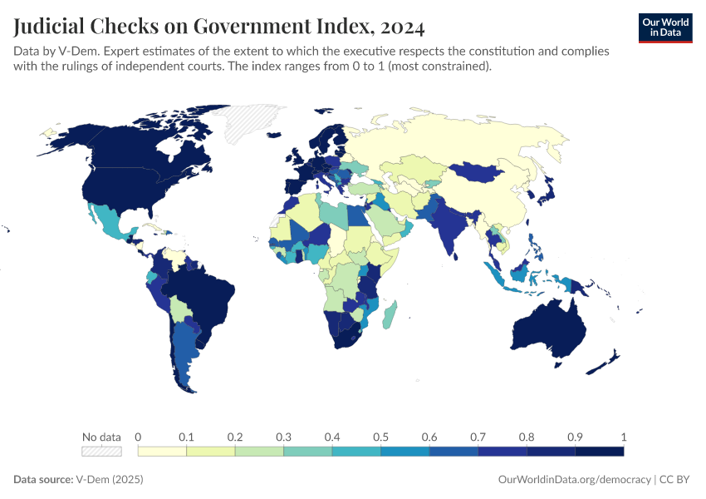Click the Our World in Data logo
coord(664,27)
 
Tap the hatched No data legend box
coord(101,452)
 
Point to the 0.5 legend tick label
coord(380,437)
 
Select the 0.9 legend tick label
coord(575,437)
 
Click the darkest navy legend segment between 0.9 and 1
coord(599,452)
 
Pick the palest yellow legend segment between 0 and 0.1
coord(162,452)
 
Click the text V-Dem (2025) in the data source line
coord(98,480)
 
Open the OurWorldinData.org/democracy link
coord(574,480)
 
